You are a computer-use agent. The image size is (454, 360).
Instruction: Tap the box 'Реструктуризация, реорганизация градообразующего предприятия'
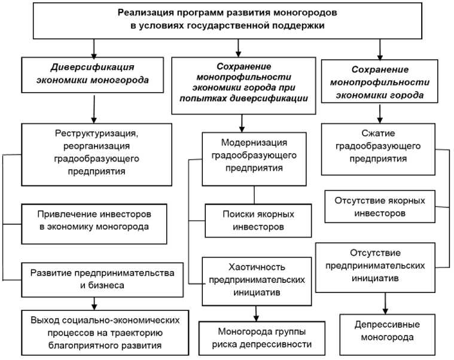coord(95,154)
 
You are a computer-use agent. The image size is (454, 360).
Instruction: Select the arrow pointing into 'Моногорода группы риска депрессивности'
coord(257,312)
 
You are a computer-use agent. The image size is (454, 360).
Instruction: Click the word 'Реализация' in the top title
coord(144,12)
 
